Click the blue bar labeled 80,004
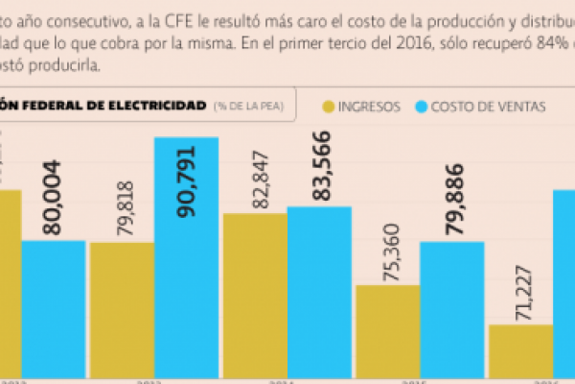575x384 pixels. click(54, 307)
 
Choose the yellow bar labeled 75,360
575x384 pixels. click(387, 331)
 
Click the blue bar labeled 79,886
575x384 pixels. click(451, 307)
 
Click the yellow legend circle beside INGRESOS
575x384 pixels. click(332, 107)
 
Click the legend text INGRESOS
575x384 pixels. click(370, 107)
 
